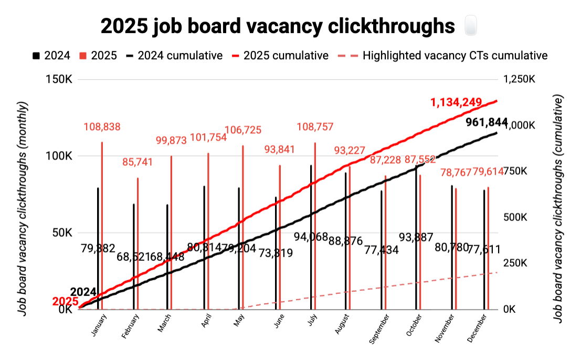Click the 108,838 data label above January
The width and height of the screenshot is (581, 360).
102,126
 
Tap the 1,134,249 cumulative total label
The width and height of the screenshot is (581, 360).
456,102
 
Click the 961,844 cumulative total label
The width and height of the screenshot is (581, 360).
487,123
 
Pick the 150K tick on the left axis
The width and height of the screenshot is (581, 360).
62,80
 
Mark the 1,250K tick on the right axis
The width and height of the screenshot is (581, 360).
519,80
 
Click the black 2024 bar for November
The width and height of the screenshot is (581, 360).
452,247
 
